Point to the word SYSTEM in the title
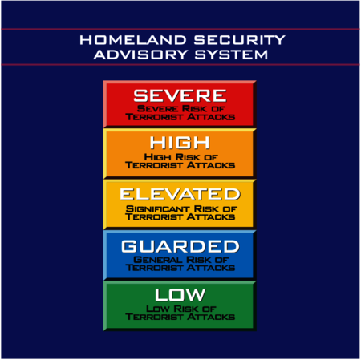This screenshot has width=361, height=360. click(x=226, y=55)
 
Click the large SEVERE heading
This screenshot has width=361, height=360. click(x=180, y=95)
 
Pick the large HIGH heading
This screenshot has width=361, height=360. click(x=180, y=144)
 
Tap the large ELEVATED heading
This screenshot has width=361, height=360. click(x=180, y=194)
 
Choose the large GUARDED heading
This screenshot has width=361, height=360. click(x=180, y=246)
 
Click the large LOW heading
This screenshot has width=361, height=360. click(x=180, y=294)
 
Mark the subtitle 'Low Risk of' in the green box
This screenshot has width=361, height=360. click(x=180, y=309)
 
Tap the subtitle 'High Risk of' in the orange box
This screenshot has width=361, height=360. click(x=180, y=158)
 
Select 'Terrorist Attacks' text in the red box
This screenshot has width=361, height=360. click(x=180, y=117)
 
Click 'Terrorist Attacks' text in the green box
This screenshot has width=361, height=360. click(x=180, y=318)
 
